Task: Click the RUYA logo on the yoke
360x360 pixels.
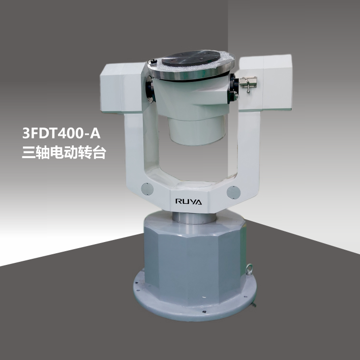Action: tap(189, 201)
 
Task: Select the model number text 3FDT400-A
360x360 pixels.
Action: tap(62, 133)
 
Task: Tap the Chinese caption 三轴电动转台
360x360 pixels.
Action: tap(64, 152)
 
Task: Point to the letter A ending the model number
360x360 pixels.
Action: tap(95, 133)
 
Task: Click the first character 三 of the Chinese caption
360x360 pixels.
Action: tap(28, 152)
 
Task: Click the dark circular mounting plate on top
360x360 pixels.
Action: tap(191, 57)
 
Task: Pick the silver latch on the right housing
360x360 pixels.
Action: tap(248, 83)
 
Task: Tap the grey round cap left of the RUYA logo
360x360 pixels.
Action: tap(147, 189)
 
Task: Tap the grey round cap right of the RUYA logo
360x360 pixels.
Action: tap(233, 192)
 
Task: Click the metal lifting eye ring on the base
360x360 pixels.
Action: tap(249, 269)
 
